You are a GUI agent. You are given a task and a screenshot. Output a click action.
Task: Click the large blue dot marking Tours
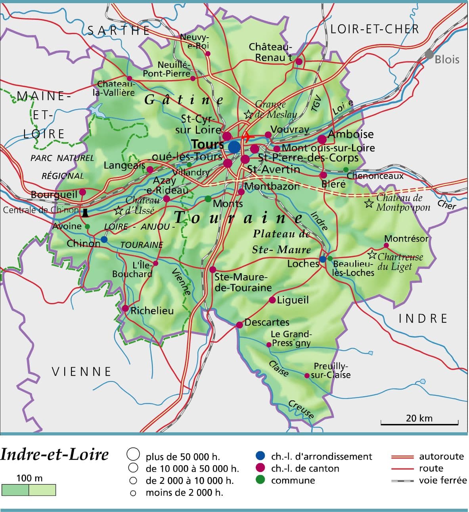[x=234, y=147]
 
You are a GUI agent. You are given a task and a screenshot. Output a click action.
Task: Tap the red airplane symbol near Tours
[x=247, y=137]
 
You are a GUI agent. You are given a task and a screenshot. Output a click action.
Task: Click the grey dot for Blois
[x=429, y=54]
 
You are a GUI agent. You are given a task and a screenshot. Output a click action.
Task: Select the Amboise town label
[x=350, y=134]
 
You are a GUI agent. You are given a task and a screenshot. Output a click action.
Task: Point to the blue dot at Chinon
[x=104, y=240]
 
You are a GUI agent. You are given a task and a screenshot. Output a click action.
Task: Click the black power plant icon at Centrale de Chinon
[x=84, y=212]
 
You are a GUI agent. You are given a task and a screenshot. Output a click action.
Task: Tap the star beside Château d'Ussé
[x=118, y=211]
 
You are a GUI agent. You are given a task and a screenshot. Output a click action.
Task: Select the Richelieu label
[x=152, y=311]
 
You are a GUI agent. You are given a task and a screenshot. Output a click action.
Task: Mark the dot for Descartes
[x=239, y=325]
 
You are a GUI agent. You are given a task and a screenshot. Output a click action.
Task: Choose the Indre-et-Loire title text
[x=54, y=454]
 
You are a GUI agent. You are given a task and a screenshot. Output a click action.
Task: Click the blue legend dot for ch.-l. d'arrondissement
[x=260, y=456]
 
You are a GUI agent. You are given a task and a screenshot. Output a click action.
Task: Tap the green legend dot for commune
[x=260, y=480]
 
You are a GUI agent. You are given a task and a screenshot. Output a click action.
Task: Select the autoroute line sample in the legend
[x=402, y=456]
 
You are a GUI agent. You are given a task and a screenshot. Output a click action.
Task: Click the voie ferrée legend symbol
[x=402, y=480]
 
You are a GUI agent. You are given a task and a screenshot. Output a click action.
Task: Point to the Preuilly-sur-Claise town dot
[x=307, y=375]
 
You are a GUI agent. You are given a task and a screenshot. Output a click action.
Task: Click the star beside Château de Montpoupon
[x=369, y=204]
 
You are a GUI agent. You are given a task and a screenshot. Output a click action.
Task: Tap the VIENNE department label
[x=82, y=372]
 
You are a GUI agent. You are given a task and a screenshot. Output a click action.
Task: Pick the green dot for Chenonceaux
[x=346, y=169]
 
